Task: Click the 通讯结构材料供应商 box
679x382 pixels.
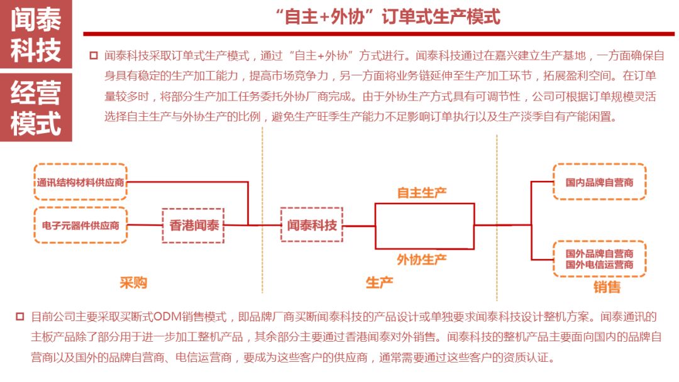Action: pos(80,182)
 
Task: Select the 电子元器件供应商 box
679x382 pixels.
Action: pos(80,226)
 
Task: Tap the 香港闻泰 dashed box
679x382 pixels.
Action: pos(193,226)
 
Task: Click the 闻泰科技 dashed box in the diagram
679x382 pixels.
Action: pos(312,225)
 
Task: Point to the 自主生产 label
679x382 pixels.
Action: pos(422,192)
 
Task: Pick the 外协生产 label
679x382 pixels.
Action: pos(422,259)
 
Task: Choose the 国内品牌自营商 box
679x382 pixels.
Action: pos(599,182)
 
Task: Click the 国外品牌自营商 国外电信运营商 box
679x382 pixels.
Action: pos(599,259)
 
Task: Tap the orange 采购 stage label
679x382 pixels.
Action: pos(133,283)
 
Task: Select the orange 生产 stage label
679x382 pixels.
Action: pos(379,283)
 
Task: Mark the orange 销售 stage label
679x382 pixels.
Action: pos(607,287)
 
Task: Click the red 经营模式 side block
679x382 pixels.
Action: pos(36,107)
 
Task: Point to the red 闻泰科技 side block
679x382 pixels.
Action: pos(36,34)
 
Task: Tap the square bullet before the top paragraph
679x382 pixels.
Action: pos(94,56)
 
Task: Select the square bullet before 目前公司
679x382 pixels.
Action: pos(20,317)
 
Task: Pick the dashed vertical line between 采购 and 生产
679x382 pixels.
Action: pos(262,210)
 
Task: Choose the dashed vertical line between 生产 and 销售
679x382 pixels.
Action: pos(497,217)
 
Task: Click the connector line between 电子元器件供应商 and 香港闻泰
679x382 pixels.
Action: pos(145,225)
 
